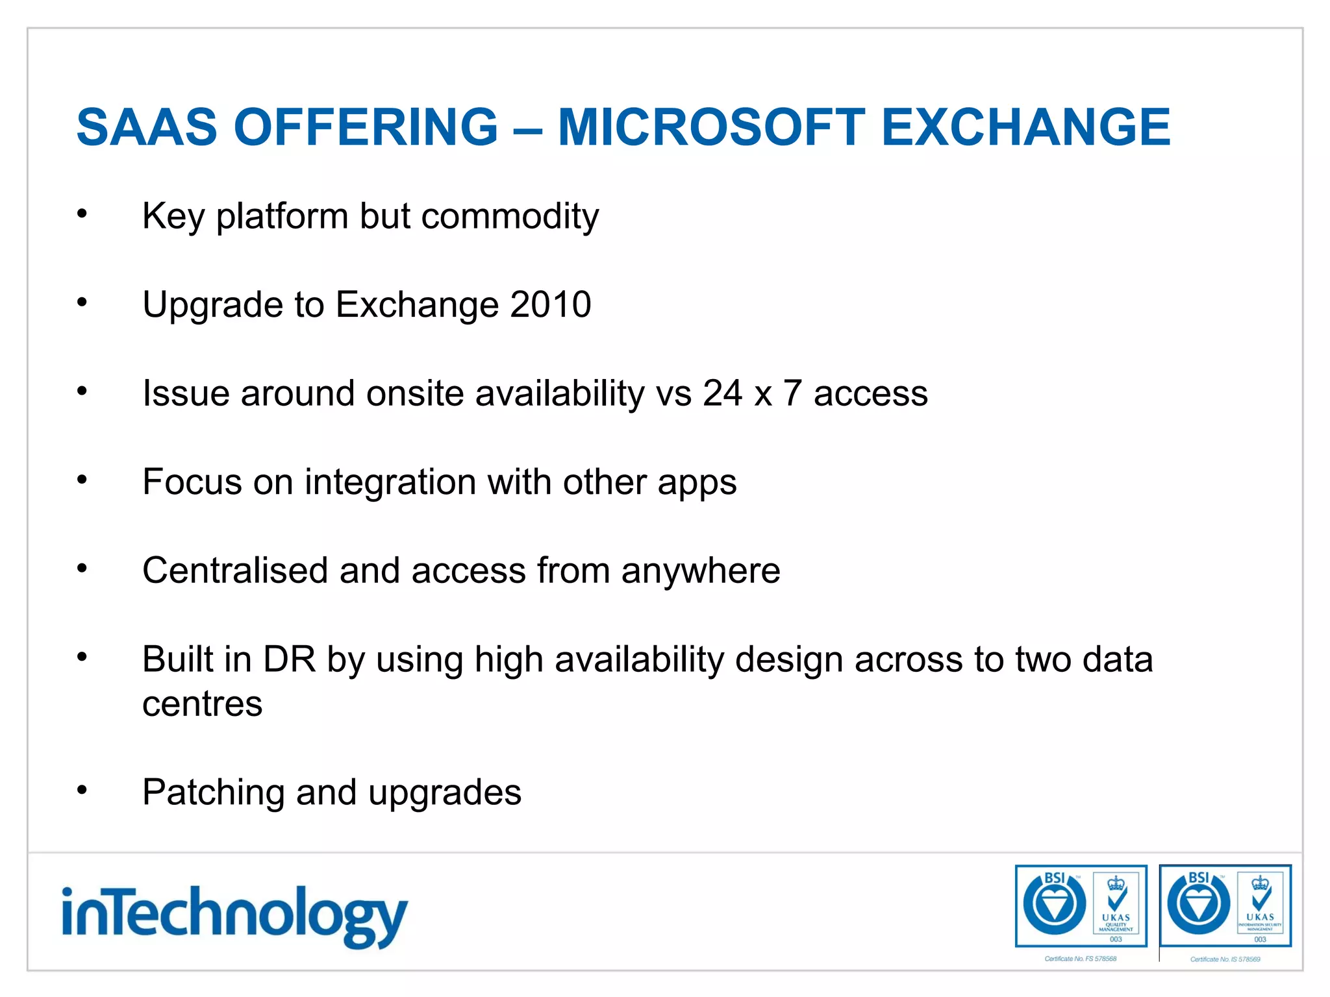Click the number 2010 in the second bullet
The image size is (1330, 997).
pos(550,304)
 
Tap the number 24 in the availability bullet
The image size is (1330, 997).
pos(721,393)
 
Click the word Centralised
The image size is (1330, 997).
pos(235,571)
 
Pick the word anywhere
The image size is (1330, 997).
pos(700,571)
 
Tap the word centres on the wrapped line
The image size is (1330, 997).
pos(203,704)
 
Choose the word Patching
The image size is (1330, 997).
pos(213,793)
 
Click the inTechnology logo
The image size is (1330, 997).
pos(234,915)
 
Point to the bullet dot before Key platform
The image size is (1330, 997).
pos(82,214)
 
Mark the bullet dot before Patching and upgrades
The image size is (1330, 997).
pos(82,790)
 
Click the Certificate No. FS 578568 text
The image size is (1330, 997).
pos(1080,959)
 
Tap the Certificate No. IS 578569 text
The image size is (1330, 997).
pos(1225,959)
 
